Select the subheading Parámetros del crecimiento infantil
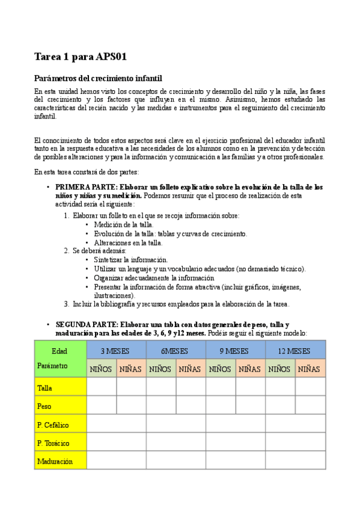(x=98, y=79)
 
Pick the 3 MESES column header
(x=116, y=351)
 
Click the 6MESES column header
(x=175, y=351)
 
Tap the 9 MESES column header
(x=235, y=351)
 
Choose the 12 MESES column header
(x=294, y=351)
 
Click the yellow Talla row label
(x=44, y=389)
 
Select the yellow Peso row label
(x=44, y=407)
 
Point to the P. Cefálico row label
(x=53, y=425)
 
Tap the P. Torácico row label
(x=53, y=443)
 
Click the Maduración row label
(x=55, y=461)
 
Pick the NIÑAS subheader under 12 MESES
(x=310, y=369)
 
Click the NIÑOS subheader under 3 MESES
(x=101, y=369)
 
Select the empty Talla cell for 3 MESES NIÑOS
(x=101, y=387)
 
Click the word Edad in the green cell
(x=59, y=351)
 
